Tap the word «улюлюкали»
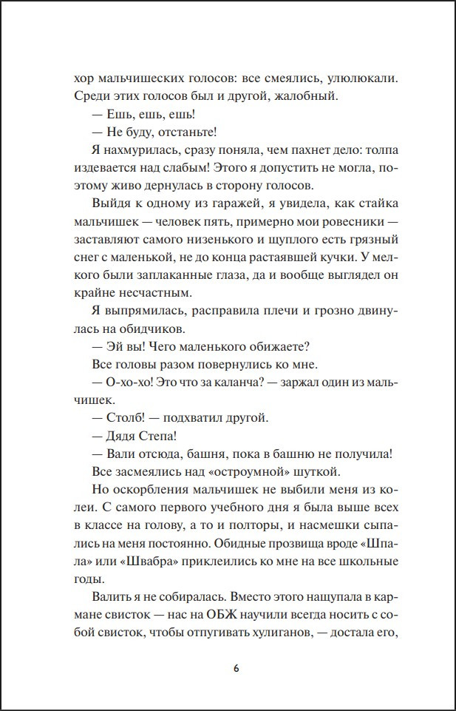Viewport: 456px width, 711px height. pyautogui.click(x=362, y=77)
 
